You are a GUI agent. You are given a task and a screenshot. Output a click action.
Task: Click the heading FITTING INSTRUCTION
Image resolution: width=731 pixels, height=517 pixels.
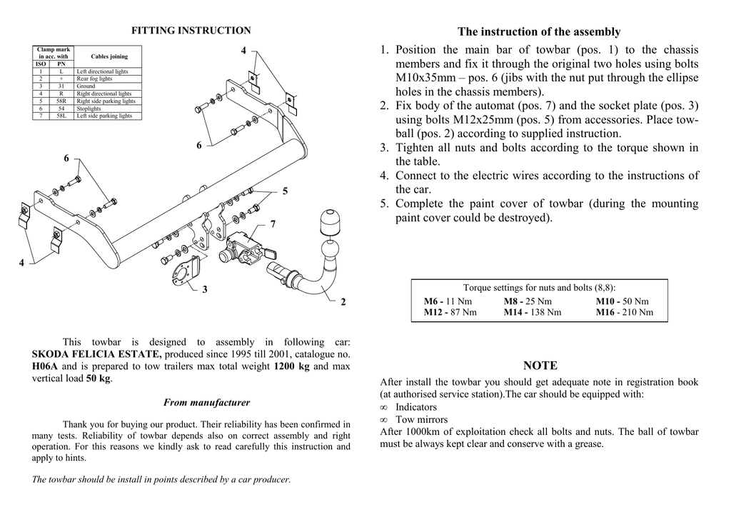pyautogui.click(x=191, y=31)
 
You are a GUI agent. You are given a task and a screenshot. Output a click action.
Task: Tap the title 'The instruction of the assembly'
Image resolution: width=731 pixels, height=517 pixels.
pyautogui.click(x=539, y=32)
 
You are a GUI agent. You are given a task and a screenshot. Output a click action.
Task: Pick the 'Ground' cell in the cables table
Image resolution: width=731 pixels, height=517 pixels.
pyautogui.click(x=86, y=86)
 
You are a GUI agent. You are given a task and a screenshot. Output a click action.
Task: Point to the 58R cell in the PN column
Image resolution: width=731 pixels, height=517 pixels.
pyautogui.click(x=61, y=101)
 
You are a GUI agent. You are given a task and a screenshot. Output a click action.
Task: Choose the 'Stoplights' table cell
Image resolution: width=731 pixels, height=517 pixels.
pyautogui.click(x=89, y=108)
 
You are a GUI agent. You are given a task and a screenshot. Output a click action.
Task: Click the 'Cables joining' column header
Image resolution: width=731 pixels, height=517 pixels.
pyautogui.click(x=109, y=56)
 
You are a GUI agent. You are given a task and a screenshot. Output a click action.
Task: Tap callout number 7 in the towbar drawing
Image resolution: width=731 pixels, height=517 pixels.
pyautogui.click(x=273, y=224)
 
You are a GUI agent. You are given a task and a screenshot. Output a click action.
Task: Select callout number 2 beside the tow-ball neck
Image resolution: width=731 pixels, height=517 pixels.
pyautogui.click(x=343, y=303)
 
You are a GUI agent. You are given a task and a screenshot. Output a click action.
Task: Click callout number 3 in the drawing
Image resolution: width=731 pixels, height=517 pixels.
pyautogui.click(x=204, y=289)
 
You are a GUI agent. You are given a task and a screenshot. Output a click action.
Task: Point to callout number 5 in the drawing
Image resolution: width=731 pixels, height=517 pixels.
pyautogui.click(x=285, y=191)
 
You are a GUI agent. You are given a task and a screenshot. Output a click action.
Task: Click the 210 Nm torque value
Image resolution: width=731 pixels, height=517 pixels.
pyautogui.click(x=638, y=312)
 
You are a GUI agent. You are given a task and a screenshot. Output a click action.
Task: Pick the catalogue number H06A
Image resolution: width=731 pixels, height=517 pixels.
pyautogui.click(x=44, y=367)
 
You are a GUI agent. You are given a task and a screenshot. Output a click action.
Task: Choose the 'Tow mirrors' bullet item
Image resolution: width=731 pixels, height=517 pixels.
pyautogui.click(x=422, y=420)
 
